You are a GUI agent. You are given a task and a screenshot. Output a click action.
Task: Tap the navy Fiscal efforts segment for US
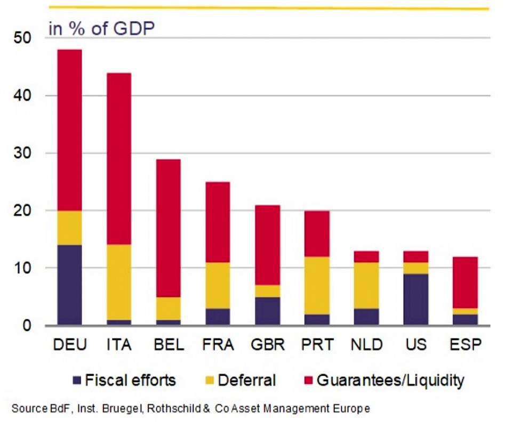coord(415,299)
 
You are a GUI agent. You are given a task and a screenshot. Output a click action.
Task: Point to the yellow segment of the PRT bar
coord(317,285)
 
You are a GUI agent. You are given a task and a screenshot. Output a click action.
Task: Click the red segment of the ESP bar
coord(465,282)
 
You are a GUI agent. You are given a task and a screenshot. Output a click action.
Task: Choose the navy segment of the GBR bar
coord(267,311)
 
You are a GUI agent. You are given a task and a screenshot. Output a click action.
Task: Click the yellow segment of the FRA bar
coord(218,285)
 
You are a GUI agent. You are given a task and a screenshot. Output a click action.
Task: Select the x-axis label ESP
coord(465,345)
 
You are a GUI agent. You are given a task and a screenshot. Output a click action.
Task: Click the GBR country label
coord(267,345)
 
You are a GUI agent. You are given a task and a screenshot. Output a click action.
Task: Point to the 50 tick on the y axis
coord(23,38)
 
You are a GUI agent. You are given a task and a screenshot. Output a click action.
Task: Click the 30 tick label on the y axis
coord(23,154)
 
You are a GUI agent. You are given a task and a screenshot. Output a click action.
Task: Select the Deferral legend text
coord(247,381)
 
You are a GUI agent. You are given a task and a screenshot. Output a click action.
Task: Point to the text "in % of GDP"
coord(101,28)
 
